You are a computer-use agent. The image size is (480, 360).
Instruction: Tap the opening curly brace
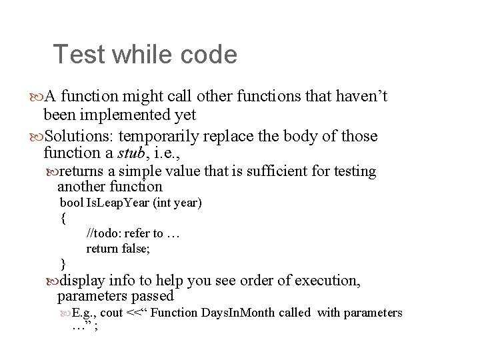pos(63,217)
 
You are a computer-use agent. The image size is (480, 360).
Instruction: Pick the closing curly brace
pos(63,263)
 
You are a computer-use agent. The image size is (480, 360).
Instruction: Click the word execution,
pos(323,281)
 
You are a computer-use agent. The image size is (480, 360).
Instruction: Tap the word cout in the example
pos(111,313)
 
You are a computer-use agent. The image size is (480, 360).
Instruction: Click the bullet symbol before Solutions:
pos(35,137)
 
